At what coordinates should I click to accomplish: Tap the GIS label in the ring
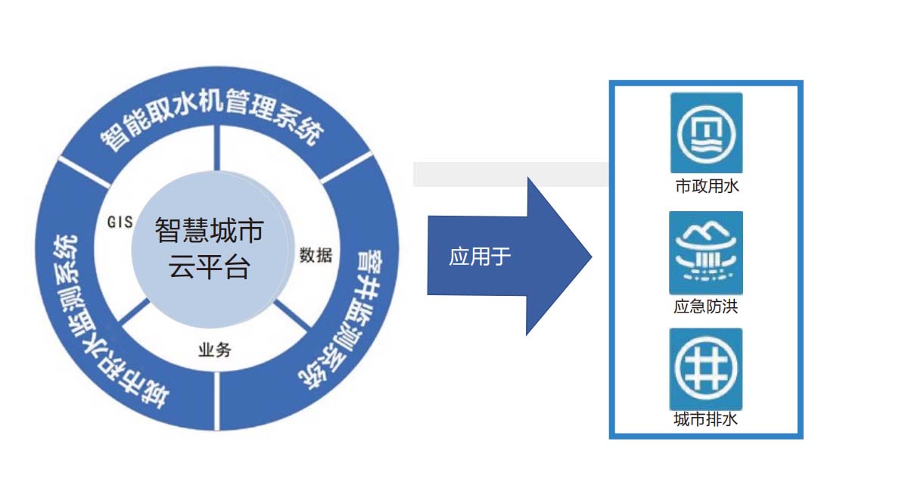click(x=120, y=222)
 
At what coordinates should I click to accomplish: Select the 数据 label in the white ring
click(x=316, y=255)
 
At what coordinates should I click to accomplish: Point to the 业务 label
click(x=214, y=350)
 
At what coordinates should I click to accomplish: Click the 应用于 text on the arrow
click(x=480, y=257)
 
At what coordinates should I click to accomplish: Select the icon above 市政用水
click(x=706, y=132)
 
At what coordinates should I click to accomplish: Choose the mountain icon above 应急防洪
click(x=706, y=253)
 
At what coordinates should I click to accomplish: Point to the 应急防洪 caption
click(x=706, y=306)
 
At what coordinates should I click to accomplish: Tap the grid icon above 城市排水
click(x=706, y=369)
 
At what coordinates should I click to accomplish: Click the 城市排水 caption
click(x=706, y=418)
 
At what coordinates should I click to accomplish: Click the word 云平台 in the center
click(x=209, y=267)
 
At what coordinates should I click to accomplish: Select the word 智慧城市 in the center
click(x=209, y=231)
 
